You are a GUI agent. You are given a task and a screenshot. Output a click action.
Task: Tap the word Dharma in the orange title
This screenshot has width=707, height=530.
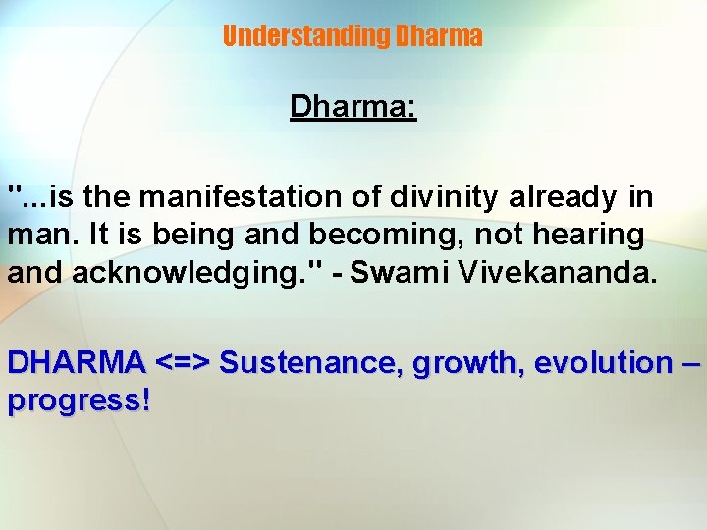click(x=438, y=36)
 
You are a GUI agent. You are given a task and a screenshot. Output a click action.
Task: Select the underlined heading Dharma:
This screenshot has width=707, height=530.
click(x=353, y=106)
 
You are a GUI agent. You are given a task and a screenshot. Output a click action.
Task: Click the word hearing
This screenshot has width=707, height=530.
click(x=587, y=236)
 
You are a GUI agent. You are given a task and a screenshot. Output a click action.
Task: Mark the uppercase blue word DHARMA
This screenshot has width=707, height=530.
click(x=77, y=362)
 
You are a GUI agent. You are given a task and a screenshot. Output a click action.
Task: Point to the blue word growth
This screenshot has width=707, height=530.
click(x=462, y=363)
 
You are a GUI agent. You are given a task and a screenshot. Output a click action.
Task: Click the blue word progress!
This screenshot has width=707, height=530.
click(x=79, y=401)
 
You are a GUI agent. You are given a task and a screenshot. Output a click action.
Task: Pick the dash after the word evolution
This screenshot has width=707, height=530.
click(x=691, y=363)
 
